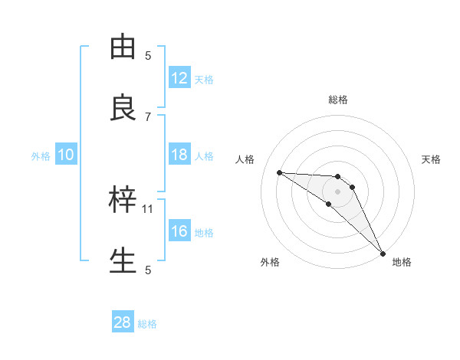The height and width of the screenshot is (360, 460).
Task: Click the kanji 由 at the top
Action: click(x=123, y=47)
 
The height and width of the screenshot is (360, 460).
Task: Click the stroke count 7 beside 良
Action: click(x=149, y=116)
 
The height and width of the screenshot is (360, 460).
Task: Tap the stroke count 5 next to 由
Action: click(x=149, y=55)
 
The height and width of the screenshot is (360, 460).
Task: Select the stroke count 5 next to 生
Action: click(x=149, y=270)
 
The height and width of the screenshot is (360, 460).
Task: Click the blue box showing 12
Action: click(x=179, y=77)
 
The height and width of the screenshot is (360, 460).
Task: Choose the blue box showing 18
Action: click(x=179, y=155)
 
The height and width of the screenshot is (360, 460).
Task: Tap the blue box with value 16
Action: click(x=179, y=231)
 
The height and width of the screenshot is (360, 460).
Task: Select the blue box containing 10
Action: click(x=66, y=155)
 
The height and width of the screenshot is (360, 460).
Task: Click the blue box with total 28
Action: click(x=123, y=322)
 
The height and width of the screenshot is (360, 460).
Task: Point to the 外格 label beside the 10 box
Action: click(x=41, y=155)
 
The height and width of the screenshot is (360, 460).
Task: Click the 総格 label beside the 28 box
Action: click(x=147, y=324)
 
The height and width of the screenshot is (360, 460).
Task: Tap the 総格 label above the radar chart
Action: click(x=338, y=100)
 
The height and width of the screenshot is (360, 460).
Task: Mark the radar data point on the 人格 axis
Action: click(x=279, y=172)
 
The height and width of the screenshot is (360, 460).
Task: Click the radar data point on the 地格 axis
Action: click(x=382, y=252)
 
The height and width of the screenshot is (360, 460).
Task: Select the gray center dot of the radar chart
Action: click(x=337, y=191)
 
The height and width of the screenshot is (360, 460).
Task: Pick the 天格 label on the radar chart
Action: click(x=432, y=159)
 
